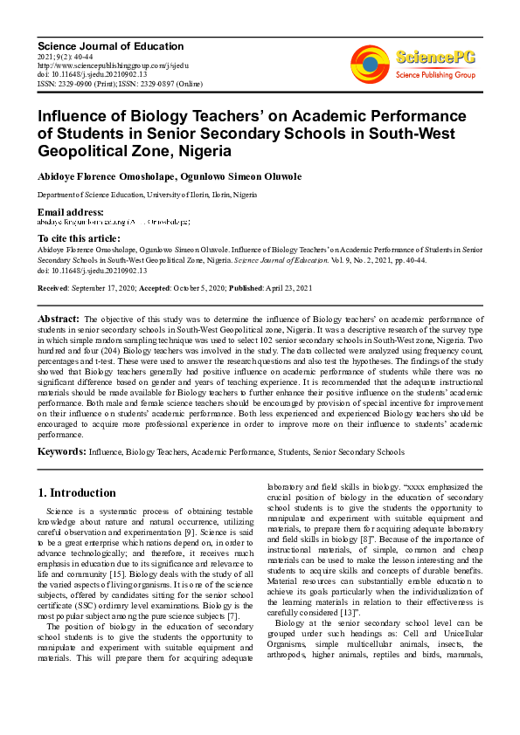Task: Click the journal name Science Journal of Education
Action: coord(110,46)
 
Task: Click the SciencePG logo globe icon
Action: coord(371,63)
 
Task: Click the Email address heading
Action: coord(70,213)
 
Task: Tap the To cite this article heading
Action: coord(79,238)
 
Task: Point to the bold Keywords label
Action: coord(61,452)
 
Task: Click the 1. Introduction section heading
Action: coord(78,492)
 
